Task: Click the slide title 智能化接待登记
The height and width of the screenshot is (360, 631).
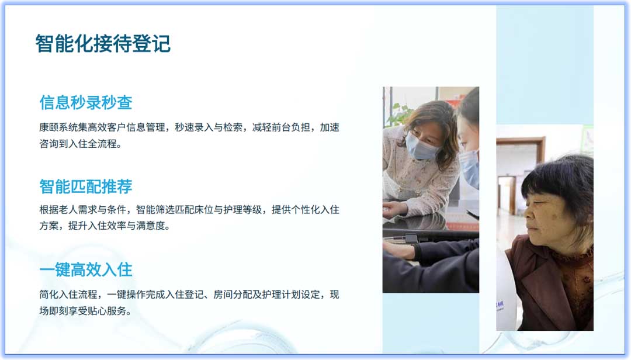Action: pyautogui.click(x=103, y=44)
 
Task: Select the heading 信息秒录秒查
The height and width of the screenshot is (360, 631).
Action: pyautogui.click(x=86, y=102)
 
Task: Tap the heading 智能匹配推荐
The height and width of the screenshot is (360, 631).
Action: pyautogui.click(x=86, y=186)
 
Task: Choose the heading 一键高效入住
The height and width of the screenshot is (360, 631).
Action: pyautogui.click(x=86, y=269)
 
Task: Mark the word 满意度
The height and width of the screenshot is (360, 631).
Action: pyautogui.click(x=154, y=226)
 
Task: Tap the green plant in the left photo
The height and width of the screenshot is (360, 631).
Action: pyautogui.click(x=400, y=114)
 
